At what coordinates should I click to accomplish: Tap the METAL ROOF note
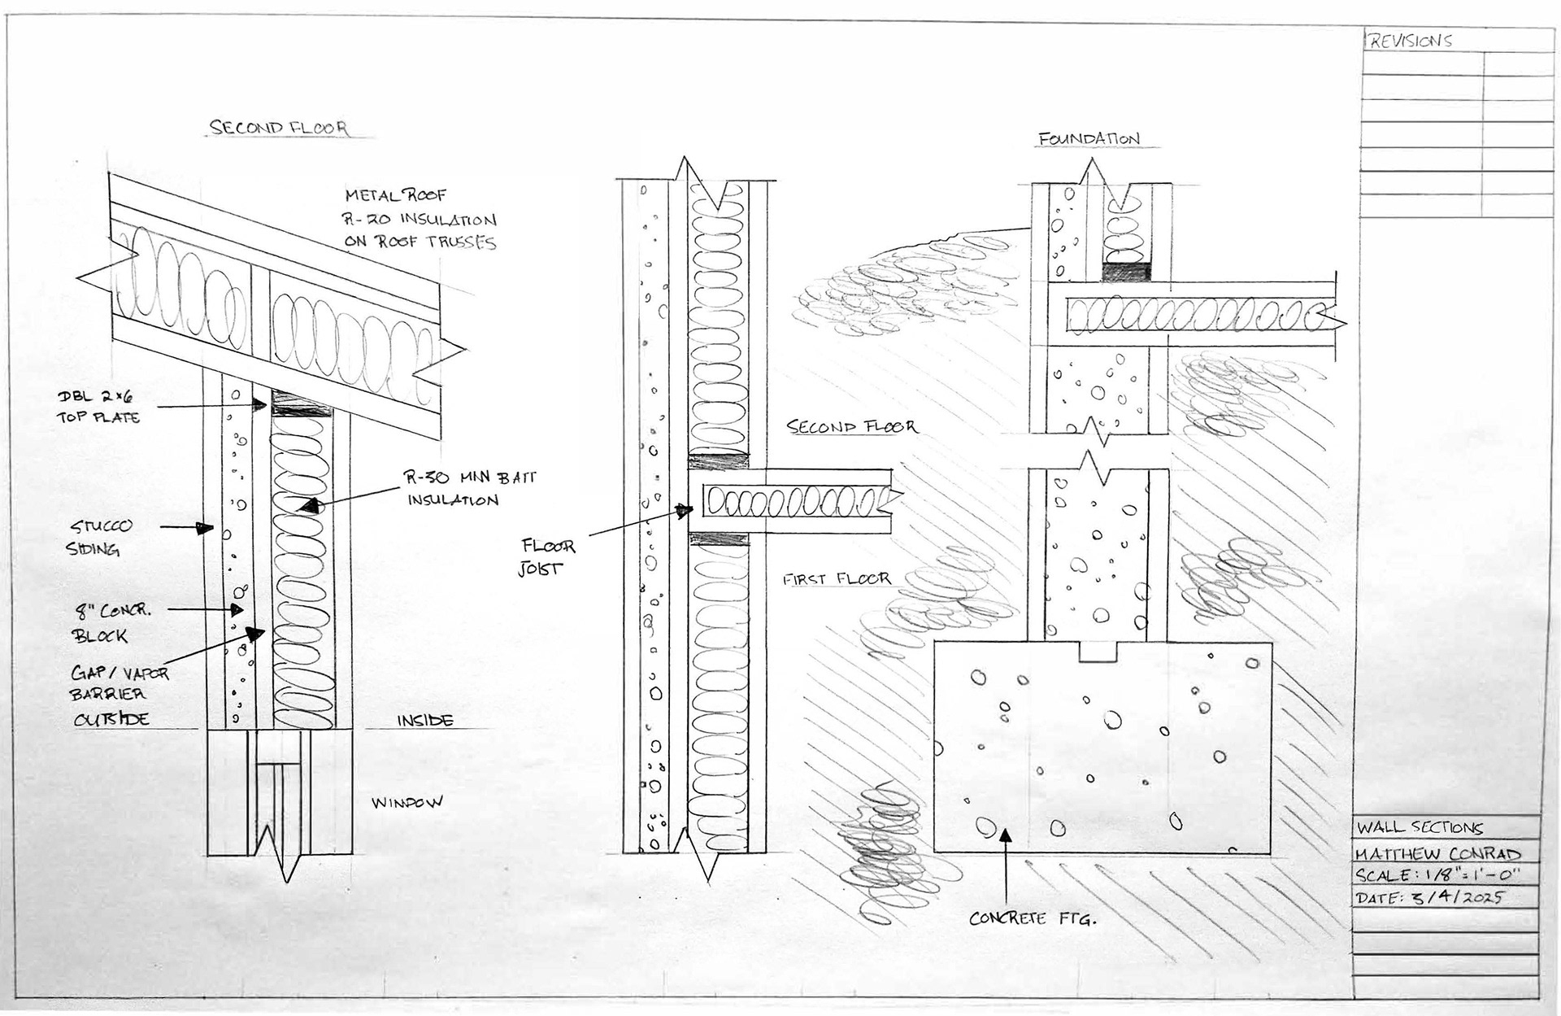(x=396, y=195)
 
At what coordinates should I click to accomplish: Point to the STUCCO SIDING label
(x=98, y=537)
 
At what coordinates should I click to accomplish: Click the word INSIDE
(x=424, y=721)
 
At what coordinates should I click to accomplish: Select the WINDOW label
(x=407, y=803)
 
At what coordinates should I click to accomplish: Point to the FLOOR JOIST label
(x=547, y=557)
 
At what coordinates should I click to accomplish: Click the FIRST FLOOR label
(x=837, y=579)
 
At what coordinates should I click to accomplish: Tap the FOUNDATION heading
(x=1089, y=139)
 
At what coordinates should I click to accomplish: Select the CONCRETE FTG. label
(x=1033, y=919)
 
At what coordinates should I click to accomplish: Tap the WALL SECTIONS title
(x=1419, y=828)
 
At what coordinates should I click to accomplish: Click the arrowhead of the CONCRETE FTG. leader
(x=1007, y=834)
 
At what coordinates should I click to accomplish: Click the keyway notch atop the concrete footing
(x=1099, y=651)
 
